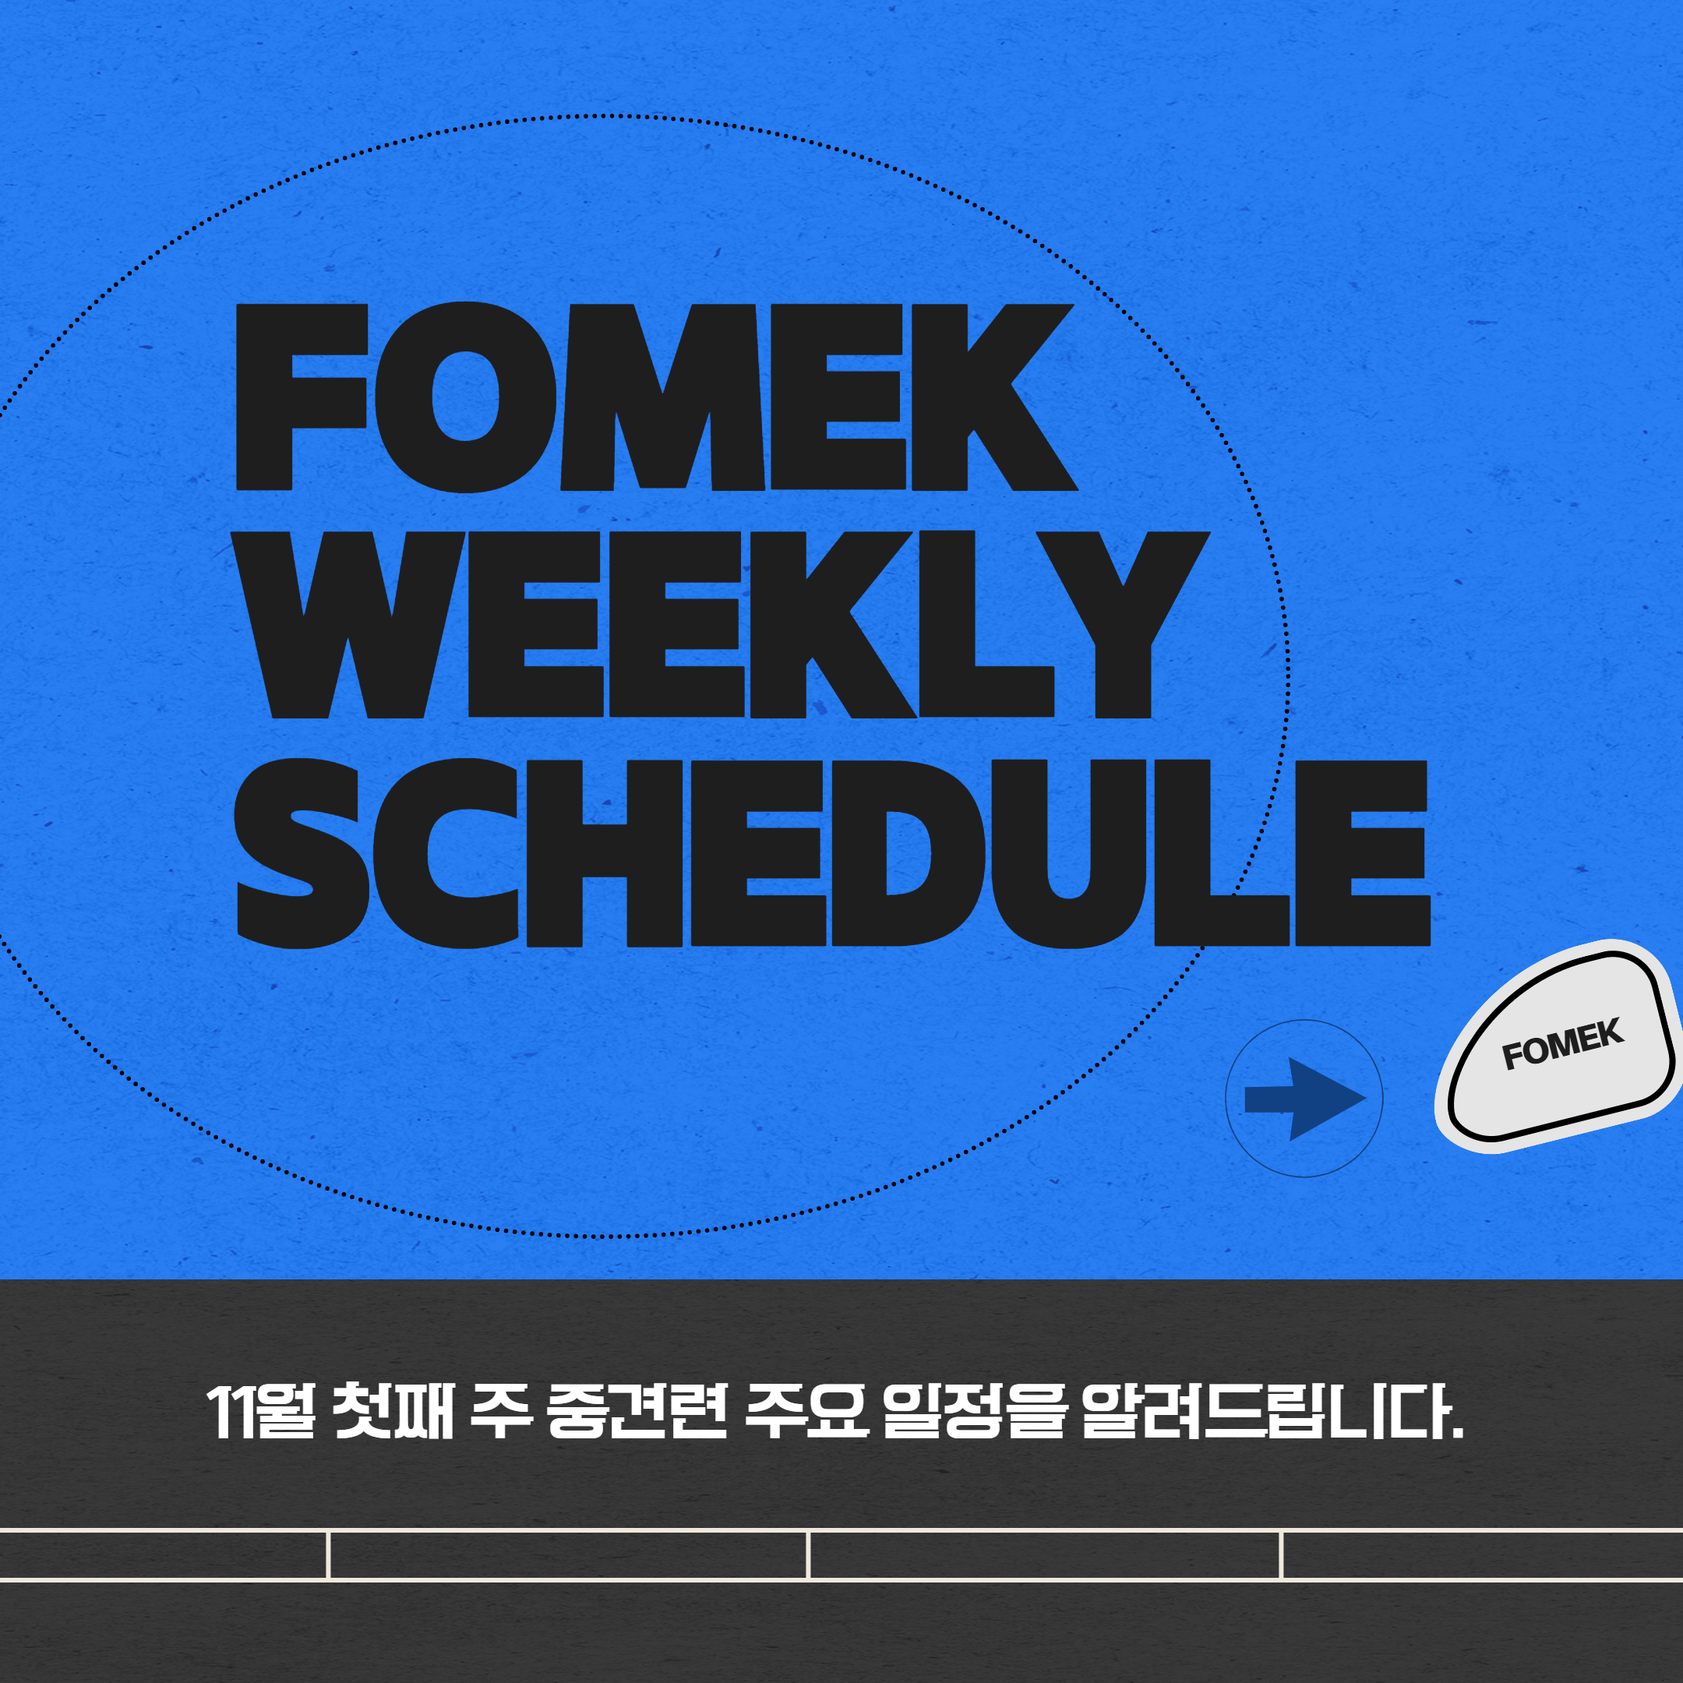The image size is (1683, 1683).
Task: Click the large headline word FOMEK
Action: pos(658,397)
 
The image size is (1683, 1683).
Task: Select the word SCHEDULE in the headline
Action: pos(832,853)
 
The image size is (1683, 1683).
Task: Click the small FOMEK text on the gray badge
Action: pos(1563,1043)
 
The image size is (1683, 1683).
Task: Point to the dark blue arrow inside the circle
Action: pos(1305,1099)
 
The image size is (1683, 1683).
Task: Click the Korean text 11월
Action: pos(260,1411)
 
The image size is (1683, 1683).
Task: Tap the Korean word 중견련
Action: pos(636,1411)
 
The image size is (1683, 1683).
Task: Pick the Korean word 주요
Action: pos(806,1411)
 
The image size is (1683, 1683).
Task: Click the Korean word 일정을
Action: pos(976,1411)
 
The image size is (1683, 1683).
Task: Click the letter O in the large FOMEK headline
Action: pos(466,397)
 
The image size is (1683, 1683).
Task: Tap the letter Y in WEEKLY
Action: pos(1123,625)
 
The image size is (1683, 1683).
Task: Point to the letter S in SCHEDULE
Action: pos(302,853)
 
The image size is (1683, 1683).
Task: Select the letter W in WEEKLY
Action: pos(348,625)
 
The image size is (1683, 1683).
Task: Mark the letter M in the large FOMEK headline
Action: pos(662,397)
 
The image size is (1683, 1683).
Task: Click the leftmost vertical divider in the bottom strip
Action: pos(328,1555)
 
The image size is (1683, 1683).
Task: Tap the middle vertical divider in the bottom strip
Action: pos(809,1555)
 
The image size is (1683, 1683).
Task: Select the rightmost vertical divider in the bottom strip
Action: pos(1282,1555)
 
